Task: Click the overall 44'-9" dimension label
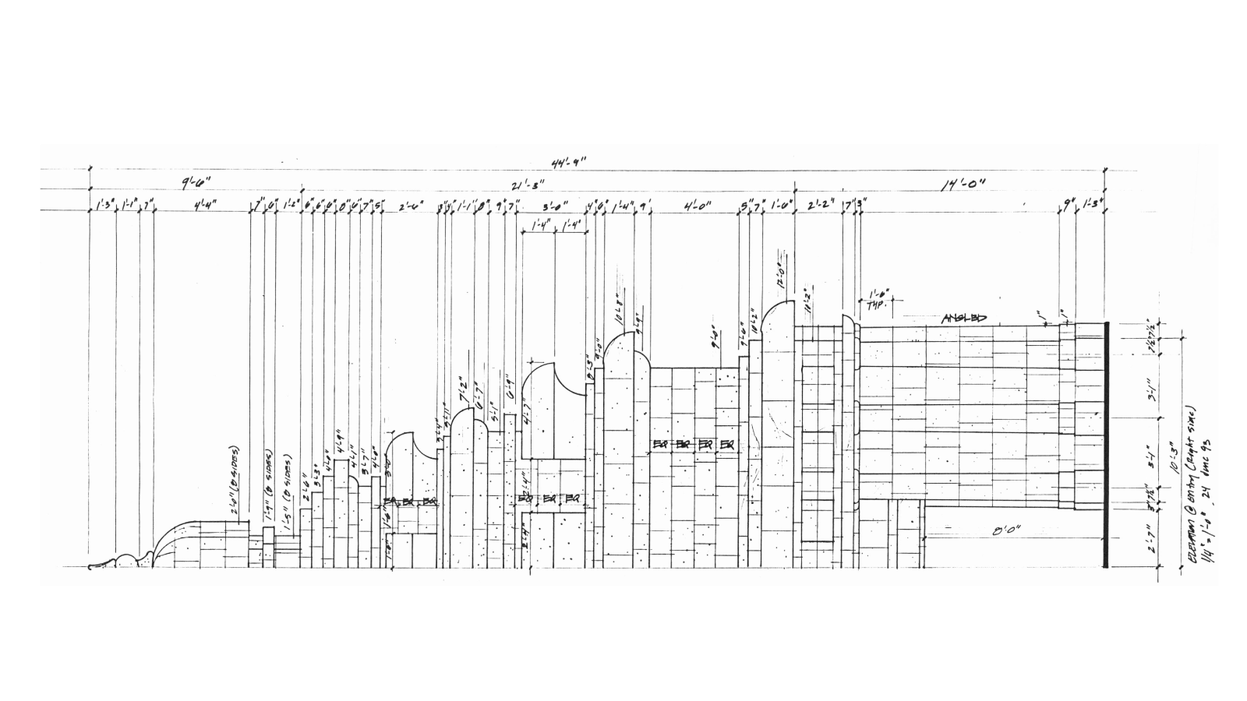tap(568, 163)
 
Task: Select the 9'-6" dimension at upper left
tap(196, 184)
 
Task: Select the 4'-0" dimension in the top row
tap(696, 206)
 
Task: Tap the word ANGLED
tap(964, 318)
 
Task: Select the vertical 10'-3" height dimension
tap(1174, 454)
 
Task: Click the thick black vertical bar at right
tap(1105, 444)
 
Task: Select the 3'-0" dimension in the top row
tap(554, 206)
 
